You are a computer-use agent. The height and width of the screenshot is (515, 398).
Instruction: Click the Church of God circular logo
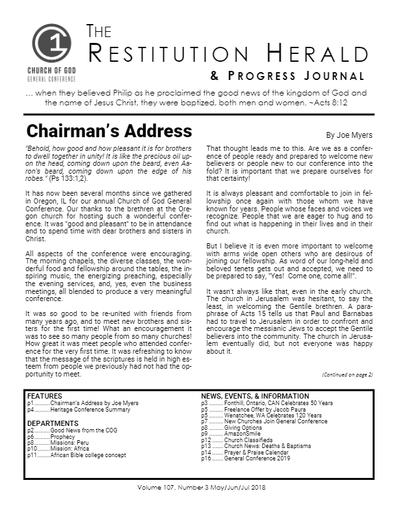coord(52,44)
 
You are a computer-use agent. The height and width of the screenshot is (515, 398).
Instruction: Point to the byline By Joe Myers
coord(349,135)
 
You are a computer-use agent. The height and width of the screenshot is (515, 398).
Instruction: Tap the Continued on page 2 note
coord(347,375)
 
